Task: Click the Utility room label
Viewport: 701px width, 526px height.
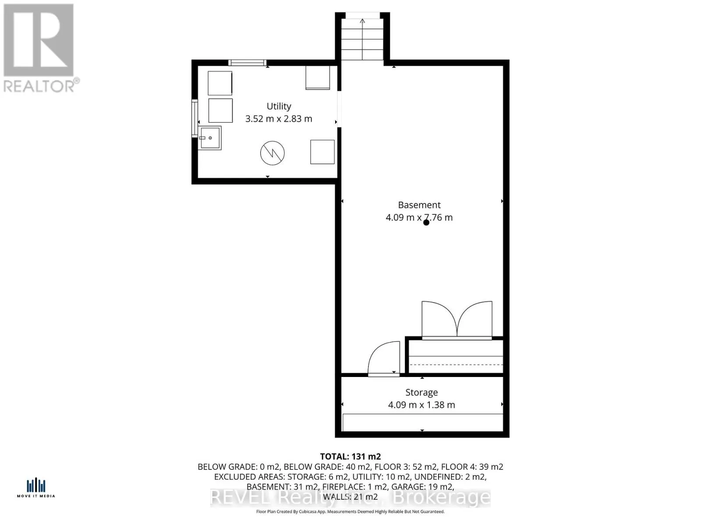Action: (279, 107)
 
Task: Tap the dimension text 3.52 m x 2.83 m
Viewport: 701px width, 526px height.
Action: (279, 119)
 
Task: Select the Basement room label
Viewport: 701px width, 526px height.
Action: (419, 205)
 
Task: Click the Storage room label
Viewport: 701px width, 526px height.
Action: (421, 393)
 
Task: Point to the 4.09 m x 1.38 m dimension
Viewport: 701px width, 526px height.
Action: (421, 405)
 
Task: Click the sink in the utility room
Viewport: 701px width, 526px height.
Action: (210, 138)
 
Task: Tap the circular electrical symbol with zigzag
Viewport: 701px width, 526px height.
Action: (273, 153)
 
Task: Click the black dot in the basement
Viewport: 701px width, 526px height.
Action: (426, 223)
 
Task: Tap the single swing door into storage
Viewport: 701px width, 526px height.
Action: (384, 359)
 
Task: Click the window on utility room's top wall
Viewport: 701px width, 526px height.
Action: (248, 63)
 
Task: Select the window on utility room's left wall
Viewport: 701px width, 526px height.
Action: (195, 118)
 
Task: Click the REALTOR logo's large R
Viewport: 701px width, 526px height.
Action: (39, 40)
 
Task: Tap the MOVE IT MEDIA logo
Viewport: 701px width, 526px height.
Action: (36, 488)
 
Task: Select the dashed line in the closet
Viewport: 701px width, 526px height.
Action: (456, 365)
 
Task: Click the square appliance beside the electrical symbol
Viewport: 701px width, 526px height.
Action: (322, 152)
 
